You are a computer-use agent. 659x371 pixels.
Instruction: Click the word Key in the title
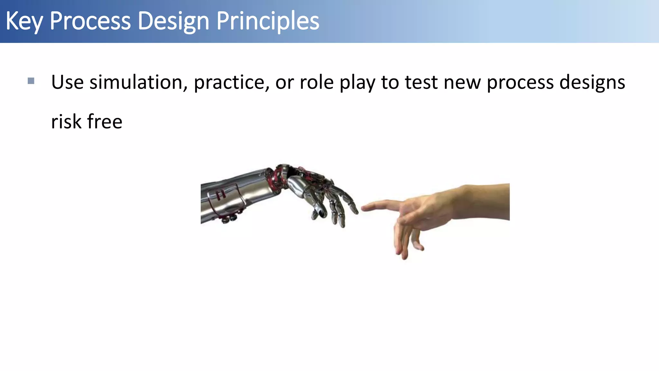[x=24, y=21]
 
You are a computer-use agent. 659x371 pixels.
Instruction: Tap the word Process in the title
[x=90, y=21]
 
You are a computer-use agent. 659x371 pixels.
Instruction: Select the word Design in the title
[x=174, y=21]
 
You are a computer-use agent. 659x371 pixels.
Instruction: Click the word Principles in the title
[x=268, y=21]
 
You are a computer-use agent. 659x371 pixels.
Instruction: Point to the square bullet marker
[x=31, y=81]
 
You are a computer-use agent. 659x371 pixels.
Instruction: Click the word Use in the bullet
[x=67, y=82]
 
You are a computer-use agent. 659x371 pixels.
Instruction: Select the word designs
[x=592, y=82]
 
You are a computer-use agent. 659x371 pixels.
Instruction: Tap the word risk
[x=66, y=122]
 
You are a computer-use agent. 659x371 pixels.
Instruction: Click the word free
[x=105, y=122]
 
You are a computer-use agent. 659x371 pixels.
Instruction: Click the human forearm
[x=483, y=201]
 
